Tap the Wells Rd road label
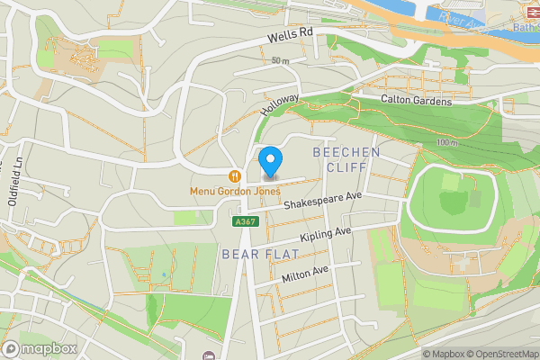(x=290, y=37)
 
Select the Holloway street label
(x=279, y=104)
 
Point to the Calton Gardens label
(x=415, y=100)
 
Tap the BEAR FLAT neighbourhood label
(x=255, y=255)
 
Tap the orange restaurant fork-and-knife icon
(x=234, y=176)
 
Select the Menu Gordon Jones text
(x=235, y=191)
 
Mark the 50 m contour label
(x=280, y=61)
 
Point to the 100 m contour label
(x=445, y=143)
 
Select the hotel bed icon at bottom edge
(x=209, y=355)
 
